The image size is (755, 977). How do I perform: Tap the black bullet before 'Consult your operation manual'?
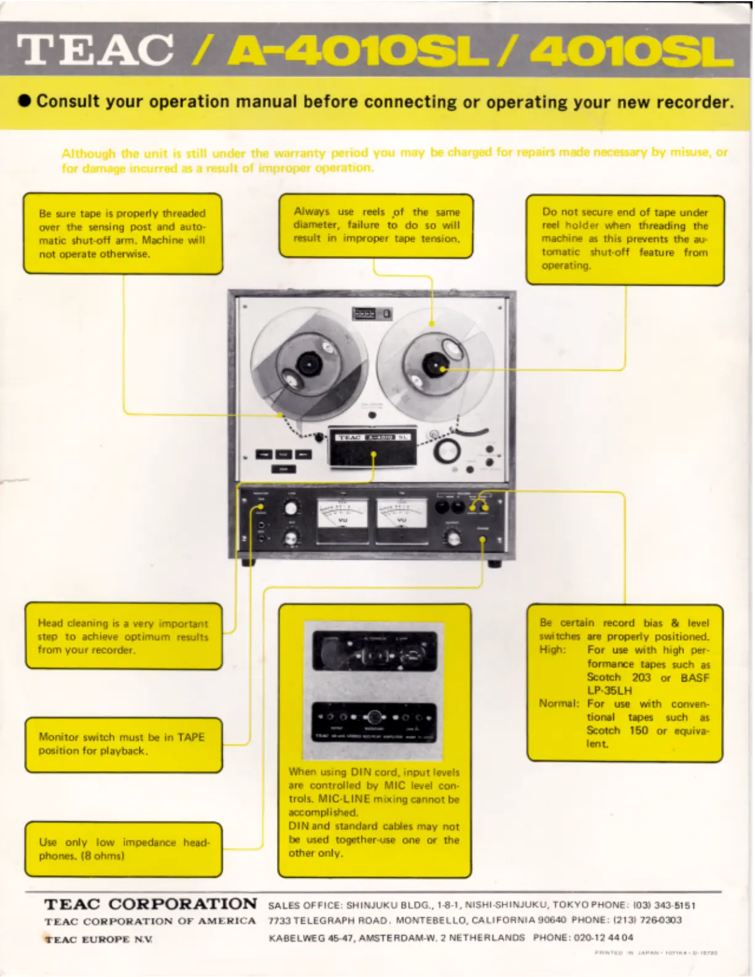tap(25, 101)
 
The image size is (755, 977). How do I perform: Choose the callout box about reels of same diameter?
tap(376, 225)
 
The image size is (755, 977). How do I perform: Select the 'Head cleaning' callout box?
tap(123, 636)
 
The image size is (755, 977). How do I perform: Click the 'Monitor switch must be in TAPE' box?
tap(123, 744)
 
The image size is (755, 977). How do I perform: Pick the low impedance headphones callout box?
tap(123, 849)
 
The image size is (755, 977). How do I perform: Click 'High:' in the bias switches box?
tap(552, 649)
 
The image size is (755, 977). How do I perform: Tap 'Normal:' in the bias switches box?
tap(559, 703)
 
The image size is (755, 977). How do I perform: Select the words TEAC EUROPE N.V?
tap(99, 939)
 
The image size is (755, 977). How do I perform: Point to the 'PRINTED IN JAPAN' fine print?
tap(656, 953)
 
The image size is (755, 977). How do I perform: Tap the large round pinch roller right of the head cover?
tap(447, 451)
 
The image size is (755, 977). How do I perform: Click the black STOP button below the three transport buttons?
tap(284, 469)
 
